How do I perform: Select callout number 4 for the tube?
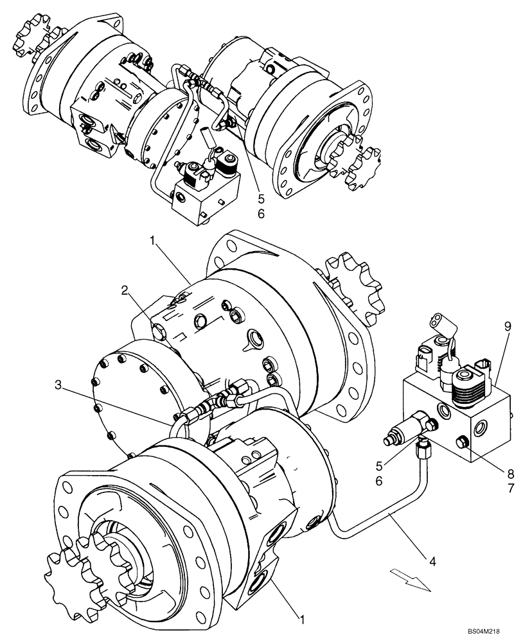433,560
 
